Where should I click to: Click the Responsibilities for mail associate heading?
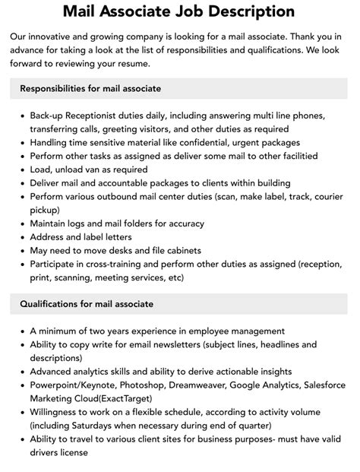point(90,89)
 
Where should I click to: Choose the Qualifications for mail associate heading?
point(87,304)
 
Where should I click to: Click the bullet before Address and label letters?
point(21,236)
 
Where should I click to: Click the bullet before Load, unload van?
point(21,169)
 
